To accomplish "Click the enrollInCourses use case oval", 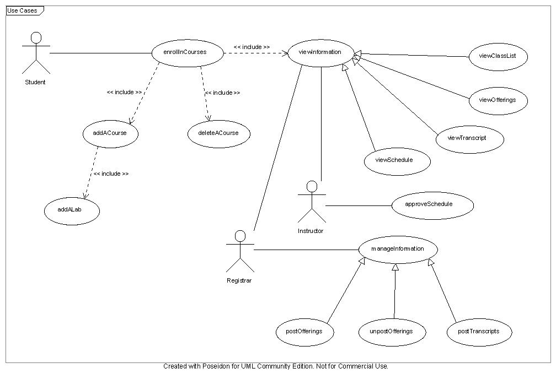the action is point(188,53).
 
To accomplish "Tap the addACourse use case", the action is point(110,134).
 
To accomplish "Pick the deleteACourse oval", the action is point(219,134).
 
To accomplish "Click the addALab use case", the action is point(72,211).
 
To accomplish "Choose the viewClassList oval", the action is point(498,57).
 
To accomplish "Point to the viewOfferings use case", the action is point(498,101).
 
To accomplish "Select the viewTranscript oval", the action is point(469,139).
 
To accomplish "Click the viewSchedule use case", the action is point(397,161).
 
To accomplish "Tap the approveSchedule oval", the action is point(432,205).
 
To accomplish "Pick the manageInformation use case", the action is point(398,250).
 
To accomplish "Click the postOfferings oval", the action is point(305,332).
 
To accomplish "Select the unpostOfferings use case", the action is point(392,332).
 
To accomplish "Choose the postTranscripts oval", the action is point(479,332).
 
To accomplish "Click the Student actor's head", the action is point(36,37).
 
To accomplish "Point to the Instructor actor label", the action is point(311,231).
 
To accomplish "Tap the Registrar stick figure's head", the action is point(240,236).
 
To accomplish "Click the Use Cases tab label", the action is point(22,10).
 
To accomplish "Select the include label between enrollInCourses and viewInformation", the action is point(252,47).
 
